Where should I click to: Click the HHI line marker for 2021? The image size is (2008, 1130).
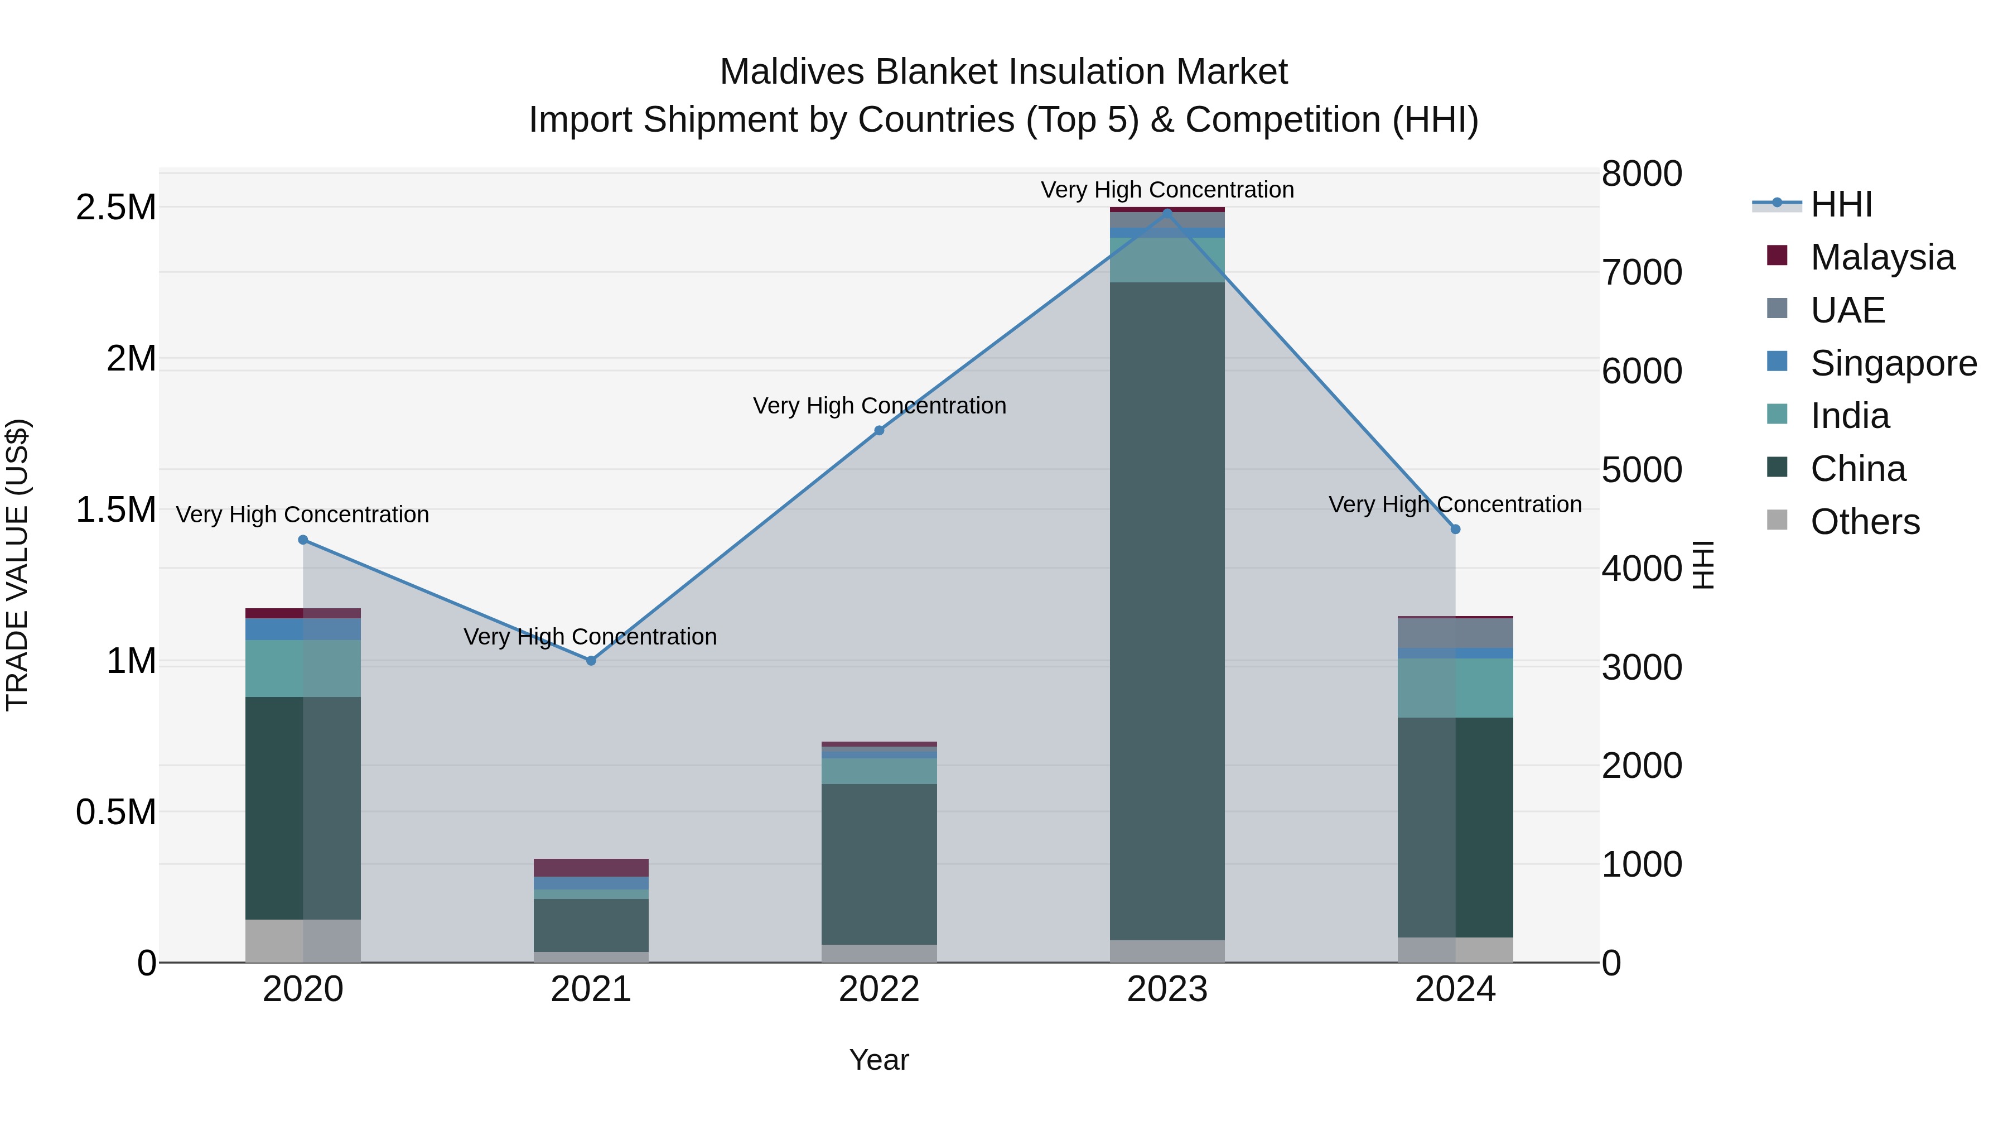(591, 661)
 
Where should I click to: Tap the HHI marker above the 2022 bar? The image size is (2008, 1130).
(879, 430)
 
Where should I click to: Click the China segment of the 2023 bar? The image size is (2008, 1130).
(1167, 608)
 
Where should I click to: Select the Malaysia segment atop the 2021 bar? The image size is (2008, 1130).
(591, 867)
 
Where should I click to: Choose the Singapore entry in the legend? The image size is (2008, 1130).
(1893, 363)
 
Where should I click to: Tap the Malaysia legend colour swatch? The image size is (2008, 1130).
(1777, 256)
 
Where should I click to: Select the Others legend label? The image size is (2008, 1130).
(1865, 522)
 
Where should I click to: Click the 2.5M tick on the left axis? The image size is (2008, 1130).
(116, 208)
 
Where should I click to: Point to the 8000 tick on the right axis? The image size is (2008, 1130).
(1642, 174)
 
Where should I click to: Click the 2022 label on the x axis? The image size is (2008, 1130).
(879, 989)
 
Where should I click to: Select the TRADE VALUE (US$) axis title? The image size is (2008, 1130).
(17, 565)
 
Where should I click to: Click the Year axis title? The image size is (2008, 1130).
(879, 1060)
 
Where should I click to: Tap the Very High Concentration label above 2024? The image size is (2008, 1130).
(1455, 504)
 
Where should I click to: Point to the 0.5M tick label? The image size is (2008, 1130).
(116, 812)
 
